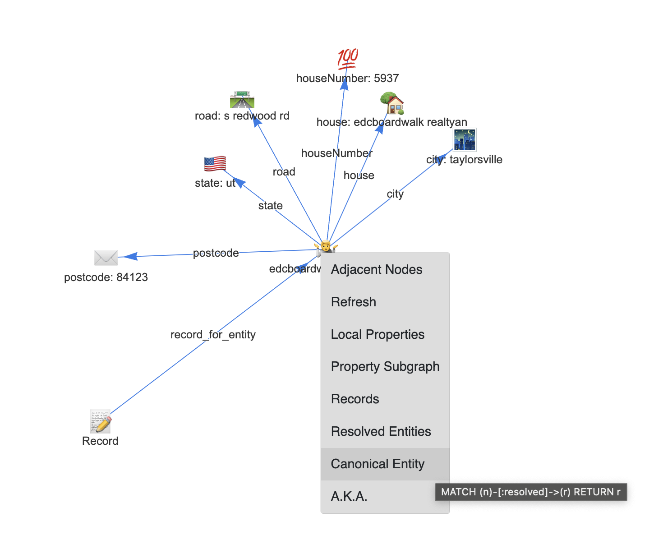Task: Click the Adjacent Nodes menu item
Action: tap(377, 269)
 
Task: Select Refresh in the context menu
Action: tap(354, 302)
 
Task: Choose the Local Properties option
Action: tap(378, 334)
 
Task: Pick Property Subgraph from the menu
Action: tap(385, 366)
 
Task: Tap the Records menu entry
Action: tap(355, 399)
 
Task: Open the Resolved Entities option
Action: tap(381, 431)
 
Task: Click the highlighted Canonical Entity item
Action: tap(378, 464)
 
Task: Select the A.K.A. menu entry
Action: tap(349, 496)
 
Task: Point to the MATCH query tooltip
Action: tap(531, 492)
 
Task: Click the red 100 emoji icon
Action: tap(348, 59)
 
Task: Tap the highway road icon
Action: tap(242, 100)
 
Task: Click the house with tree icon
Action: tap(392, 104)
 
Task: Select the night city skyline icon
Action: tap(465, 140)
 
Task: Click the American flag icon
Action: tap(215, 163)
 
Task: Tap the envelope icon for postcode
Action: tap(106, 258)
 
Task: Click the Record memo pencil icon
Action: tap(101, 421)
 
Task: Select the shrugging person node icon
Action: tap(326, 247)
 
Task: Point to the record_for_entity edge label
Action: tap(213, 334)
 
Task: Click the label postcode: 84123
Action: tap(106, 277)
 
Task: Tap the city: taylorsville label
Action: tap(464, 159)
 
